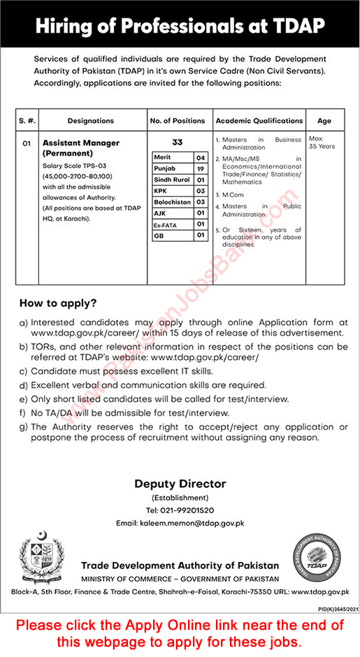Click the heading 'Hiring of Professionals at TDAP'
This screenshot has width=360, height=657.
(180, 26)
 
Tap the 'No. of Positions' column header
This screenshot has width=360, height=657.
(178, 121)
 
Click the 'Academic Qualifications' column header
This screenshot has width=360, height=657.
(259, 121)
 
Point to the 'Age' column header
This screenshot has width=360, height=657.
(324, 121)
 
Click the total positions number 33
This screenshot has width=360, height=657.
(178, 142)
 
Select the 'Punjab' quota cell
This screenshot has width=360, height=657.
(166, 168)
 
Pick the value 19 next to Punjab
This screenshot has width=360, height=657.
(200, 168)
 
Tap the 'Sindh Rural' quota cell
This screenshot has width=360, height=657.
(171, 180)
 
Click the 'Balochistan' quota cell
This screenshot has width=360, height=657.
(171, 202)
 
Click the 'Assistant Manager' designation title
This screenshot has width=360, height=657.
(80, 143)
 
